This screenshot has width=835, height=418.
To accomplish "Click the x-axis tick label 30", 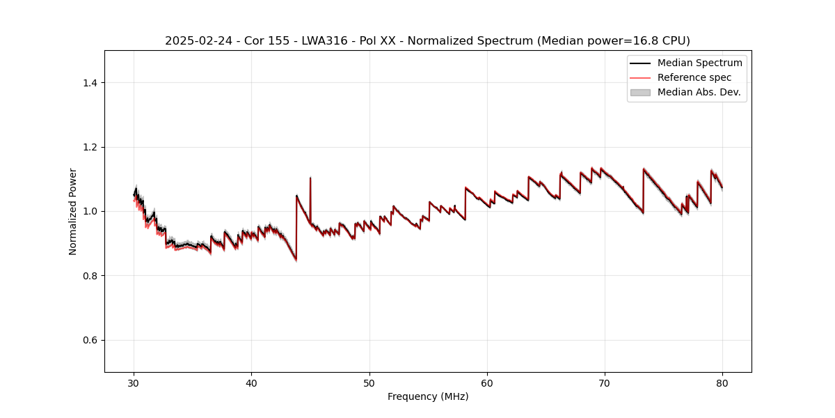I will [x=134, y=382].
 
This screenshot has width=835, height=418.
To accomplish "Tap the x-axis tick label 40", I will [x=252, y=382].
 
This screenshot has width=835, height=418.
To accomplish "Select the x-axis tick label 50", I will [x=369, y=382].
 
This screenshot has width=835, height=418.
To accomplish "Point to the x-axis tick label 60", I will [x=487, y=382].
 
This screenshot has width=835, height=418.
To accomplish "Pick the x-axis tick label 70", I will [x=605, y=382].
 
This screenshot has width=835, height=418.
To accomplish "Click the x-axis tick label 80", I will [x=722, y=382].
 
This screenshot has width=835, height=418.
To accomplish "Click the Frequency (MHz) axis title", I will [x=428, y=396].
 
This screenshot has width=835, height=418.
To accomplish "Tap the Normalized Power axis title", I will [x=72, y=211].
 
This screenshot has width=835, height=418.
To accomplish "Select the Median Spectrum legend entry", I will [x=699, y=63].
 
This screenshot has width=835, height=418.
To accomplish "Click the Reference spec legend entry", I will [x=694, y=77].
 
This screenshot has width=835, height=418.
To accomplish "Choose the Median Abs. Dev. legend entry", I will [x=699, y=92].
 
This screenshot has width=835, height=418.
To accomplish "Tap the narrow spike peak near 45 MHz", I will [x=310, y=178].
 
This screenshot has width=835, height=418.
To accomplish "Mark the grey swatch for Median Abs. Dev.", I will [x=640, y=92].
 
